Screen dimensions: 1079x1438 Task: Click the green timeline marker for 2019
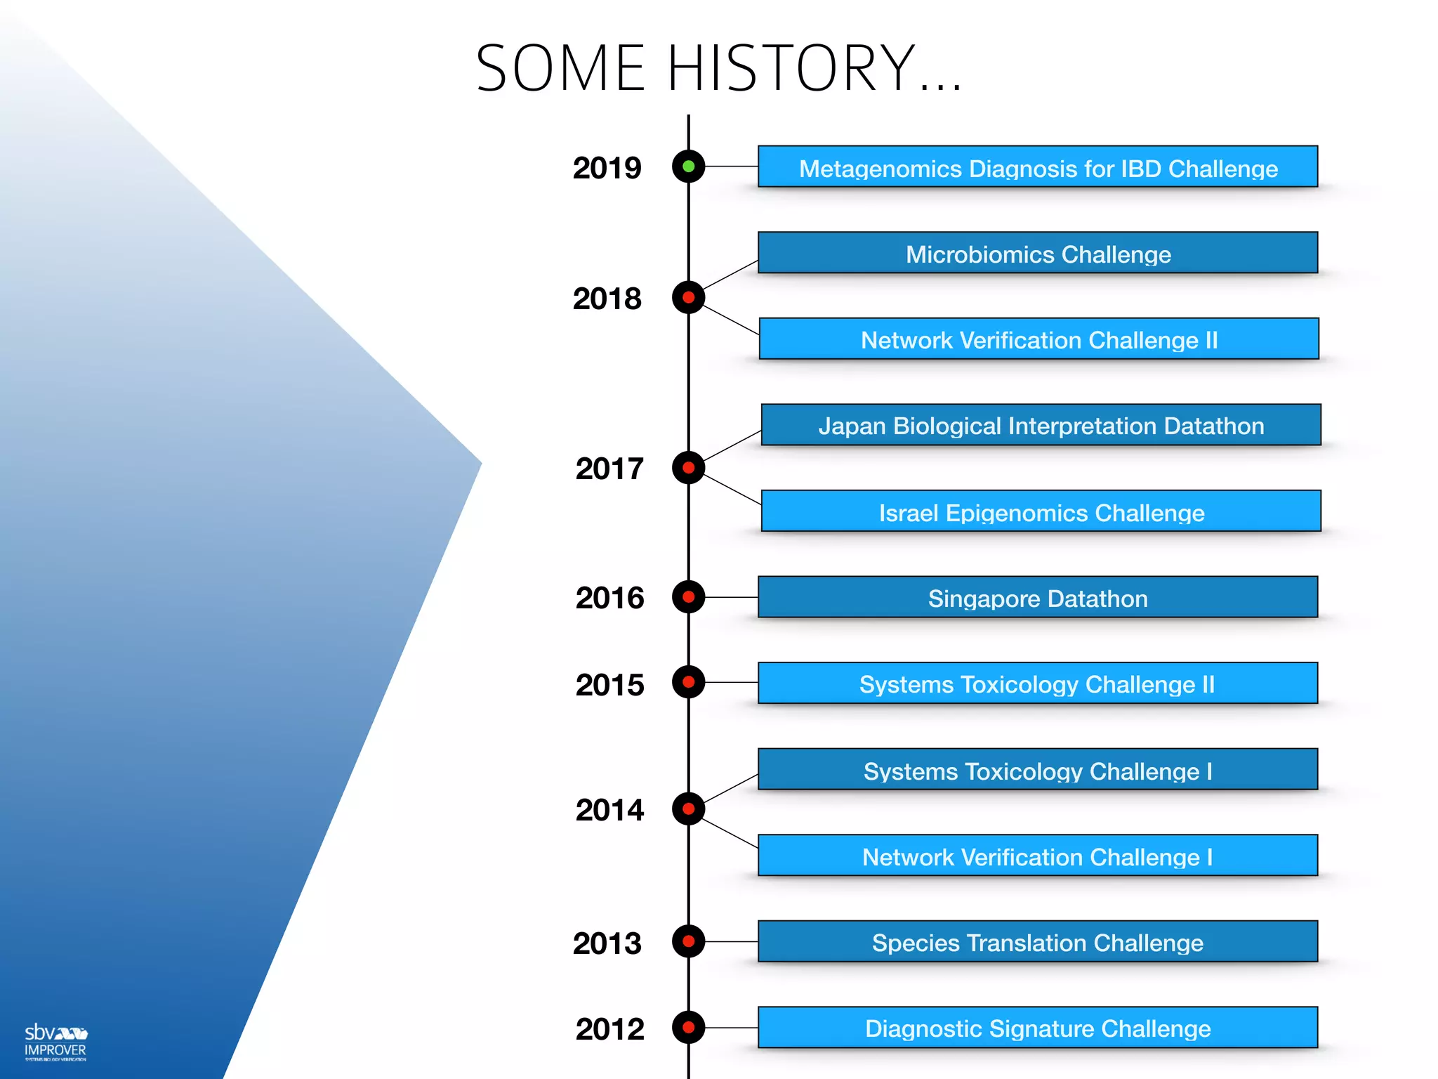[688, 166]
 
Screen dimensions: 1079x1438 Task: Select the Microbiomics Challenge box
[1038, 253]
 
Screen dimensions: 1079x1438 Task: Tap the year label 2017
[609, 469]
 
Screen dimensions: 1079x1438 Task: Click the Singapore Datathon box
[1038, 598]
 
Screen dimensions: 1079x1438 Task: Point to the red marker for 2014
[688, 809]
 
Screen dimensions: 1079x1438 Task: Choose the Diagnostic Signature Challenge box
[1038, 1028]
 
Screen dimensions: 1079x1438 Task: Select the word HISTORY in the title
[791, 68]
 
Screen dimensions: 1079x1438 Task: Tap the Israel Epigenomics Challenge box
[1041, 511]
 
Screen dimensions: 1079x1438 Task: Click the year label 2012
[609, 1029]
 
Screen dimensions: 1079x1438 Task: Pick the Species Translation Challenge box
[1038, 942]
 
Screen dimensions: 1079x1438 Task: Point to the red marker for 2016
[688, 597]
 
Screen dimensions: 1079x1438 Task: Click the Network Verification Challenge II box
[1039, 339]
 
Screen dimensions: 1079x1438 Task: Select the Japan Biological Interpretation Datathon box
[1041, 425]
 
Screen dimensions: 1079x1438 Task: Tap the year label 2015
[609, 685]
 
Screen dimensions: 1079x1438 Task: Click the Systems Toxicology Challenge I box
[1038, 770]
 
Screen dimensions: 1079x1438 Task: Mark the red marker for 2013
[688, 941]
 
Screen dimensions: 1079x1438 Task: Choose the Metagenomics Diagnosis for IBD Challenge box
[1038, 167]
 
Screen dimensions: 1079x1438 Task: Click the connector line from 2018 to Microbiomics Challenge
[730, 275]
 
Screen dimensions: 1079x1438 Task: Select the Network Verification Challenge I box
[1038, 856]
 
